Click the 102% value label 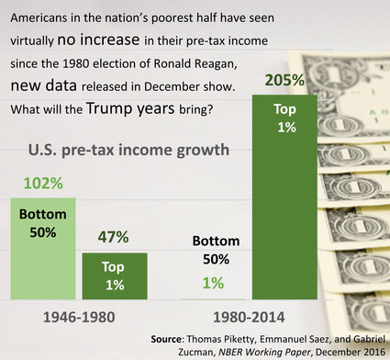(37, 184)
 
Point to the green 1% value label (213, 284)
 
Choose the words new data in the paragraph (45, 86)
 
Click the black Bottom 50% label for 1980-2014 (213, 251)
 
